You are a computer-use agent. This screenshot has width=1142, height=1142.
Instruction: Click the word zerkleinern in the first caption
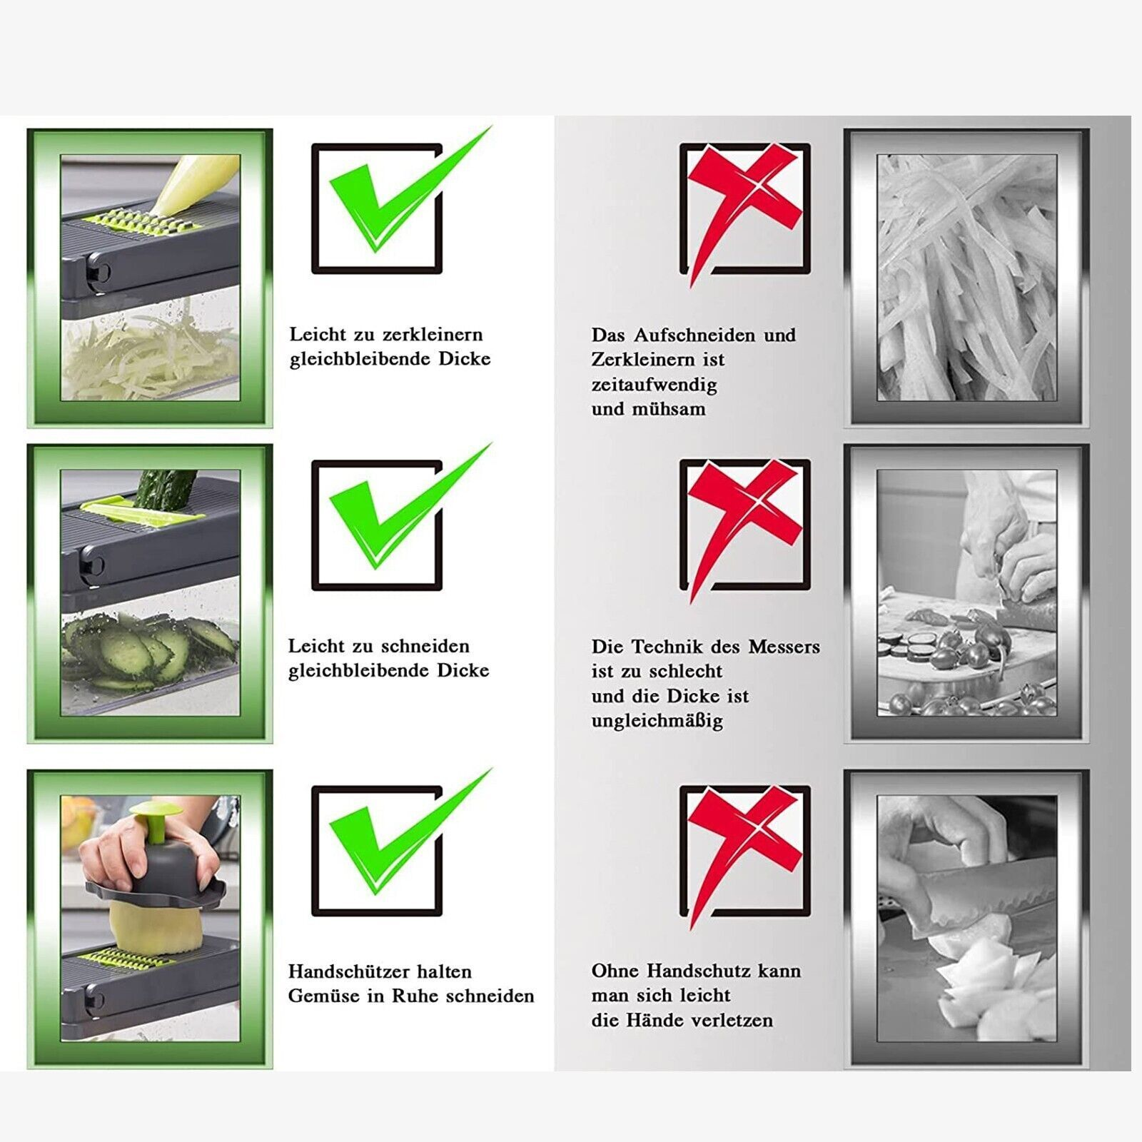coord(433,335)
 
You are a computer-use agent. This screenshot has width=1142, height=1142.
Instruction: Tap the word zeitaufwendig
coord(654,385)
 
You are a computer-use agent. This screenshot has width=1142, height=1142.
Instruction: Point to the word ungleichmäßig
coord(657,721)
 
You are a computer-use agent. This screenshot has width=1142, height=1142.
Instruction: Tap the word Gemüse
coord(325,996)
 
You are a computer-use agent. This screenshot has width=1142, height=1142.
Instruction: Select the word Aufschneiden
coord(694,335)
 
